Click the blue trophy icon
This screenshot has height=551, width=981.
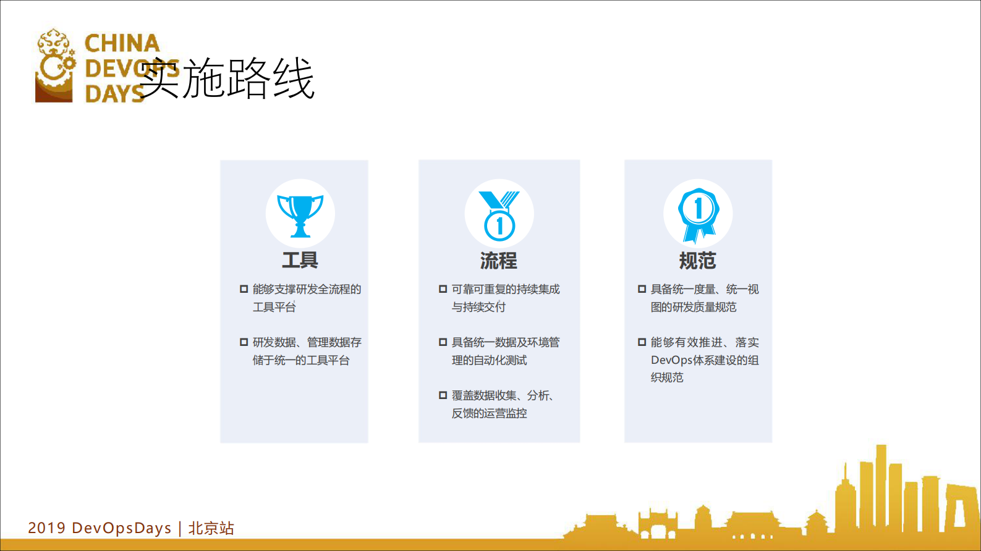click(300, 215)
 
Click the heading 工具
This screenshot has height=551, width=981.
click(300, 260)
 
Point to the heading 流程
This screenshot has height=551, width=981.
click(499, 261)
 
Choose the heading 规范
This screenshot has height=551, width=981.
click(697, 261)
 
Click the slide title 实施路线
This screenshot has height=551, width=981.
click(227, 79)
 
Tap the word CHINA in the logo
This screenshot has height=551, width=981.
click(122, 43)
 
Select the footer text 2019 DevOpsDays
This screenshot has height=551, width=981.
click(100, 528)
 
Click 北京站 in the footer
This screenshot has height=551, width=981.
click(211, 528)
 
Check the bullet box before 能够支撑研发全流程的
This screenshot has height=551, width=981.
click(244, 289)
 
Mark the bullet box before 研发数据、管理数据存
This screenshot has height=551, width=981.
click(244, 342)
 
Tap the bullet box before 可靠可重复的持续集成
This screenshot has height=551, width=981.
click(443, 289)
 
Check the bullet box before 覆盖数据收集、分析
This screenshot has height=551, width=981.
click(443, 395)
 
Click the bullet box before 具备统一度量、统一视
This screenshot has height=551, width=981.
click(642, 289)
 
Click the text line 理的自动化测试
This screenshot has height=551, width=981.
click(489, 360)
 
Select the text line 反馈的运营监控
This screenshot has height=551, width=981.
click(489, 413)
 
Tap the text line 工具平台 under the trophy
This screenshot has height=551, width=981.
click(274, 307)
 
